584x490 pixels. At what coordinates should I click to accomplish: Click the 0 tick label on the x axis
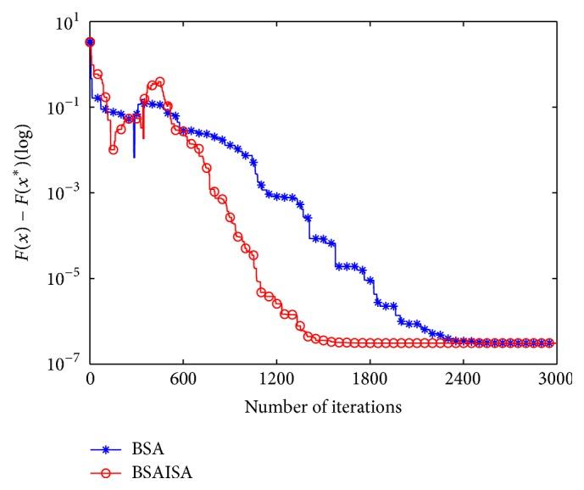coord(90,381)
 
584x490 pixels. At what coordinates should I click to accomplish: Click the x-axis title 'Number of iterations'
coord(322,406)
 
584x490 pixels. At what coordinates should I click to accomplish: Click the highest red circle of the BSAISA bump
coord(159,81)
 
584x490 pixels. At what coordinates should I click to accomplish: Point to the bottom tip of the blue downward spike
coord(134,158)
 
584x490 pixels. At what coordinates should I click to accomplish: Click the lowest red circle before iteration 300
coord(113,149)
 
